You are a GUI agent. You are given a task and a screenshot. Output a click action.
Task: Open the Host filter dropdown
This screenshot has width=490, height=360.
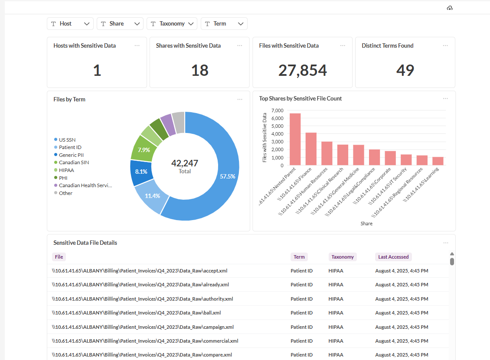tap(70, 24)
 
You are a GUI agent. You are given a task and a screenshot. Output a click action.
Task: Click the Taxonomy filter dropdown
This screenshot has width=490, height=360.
tap(172, 24)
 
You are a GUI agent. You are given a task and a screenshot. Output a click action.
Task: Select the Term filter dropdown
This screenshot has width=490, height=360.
tap(224, 24)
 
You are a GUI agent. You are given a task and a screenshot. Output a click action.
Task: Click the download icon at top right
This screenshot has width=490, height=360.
tap(450, 8)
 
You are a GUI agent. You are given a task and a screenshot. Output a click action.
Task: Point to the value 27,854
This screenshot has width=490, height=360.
tap(303, 70)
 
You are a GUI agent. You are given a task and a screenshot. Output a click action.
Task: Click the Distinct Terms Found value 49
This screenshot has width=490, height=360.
tap(405, 70)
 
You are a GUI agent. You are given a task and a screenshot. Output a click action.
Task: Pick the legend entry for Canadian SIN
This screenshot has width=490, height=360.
tap(74, 162)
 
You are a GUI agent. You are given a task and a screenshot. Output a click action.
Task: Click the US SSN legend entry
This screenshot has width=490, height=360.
tap(67, 139)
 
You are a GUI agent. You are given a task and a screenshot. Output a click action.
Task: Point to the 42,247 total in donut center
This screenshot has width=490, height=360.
tap(185, 163)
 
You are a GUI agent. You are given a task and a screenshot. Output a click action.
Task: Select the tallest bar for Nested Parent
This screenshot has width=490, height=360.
tap(295, 139)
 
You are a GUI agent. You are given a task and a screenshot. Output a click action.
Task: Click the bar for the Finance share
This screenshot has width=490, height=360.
tap(311, 149)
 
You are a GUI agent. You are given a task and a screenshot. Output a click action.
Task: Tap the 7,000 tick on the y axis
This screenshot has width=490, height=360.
tap(278, 110)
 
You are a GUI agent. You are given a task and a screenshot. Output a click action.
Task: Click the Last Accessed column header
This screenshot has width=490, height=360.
tap(393, 257)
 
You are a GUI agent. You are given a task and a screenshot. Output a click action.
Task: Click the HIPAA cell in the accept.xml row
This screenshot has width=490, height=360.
tap(336, 271)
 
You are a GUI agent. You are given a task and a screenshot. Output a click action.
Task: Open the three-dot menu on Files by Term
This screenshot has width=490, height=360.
tap(240, 100)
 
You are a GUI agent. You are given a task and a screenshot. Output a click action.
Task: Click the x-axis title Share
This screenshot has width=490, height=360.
tap(366, 224)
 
